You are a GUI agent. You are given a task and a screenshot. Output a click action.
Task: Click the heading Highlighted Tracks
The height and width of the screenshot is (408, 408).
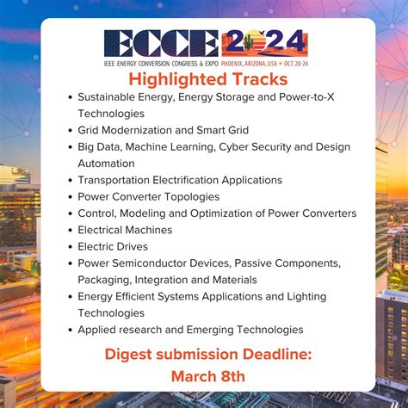(x=204, y=78)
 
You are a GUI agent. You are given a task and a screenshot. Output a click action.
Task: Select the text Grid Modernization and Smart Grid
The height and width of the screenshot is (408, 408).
(x=163, y=130)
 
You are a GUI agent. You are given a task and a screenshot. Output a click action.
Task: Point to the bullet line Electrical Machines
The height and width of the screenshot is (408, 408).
(x=125, y=230)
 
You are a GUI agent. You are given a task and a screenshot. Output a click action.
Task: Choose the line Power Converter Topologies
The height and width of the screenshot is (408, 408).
(x=148, y=196)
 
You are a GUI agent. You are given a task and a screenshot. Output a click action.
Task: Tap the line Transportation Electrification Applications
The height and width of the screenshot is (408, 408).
(x=180, y=180)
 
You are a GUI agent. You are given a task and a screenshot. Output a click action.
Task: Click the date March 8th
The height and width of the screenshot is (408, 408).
(x=207, y=376)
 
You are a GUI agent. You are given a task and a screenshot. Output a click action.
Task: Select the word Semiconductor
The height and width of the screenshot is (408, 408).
(x=157, y=263)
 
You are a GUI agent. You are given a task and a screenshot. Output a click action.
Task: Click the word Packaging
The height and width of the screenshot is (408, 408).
(x=104, y=280)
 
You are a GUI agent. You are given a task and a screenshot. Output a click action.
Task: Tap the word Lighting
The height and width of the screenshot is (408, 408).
(x=306, y=296)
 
